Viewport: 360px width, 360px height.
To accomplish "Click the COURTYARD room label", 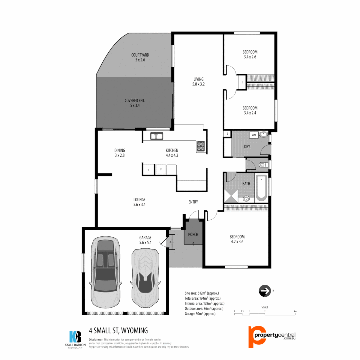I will [140, 55].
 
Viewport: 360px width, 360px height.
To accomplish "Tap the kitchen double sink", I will [156, 136].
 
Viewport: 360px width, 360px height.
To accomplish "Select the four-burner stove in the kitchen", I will [201, 145].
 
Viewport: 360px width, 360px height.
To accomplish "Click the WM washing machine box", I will [254, 135].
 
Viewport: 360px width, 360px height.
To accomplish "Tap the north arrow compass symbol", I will [264, 291].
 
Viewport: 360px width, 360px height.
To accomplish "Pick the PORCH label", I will [193, 234].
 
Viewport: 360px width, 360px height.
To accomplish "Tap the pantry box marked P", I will [148, 170].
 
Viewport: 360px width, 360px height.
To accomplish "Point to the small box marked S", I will [227, 134].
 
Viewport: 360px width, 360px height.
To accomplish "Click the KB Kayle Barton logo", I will [75, 337].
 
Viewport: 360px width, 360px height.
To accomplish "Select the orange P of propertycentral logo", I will [255, 336].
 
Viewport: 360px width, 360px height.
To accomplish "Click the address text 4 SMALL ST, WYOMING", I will [118, 331].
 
